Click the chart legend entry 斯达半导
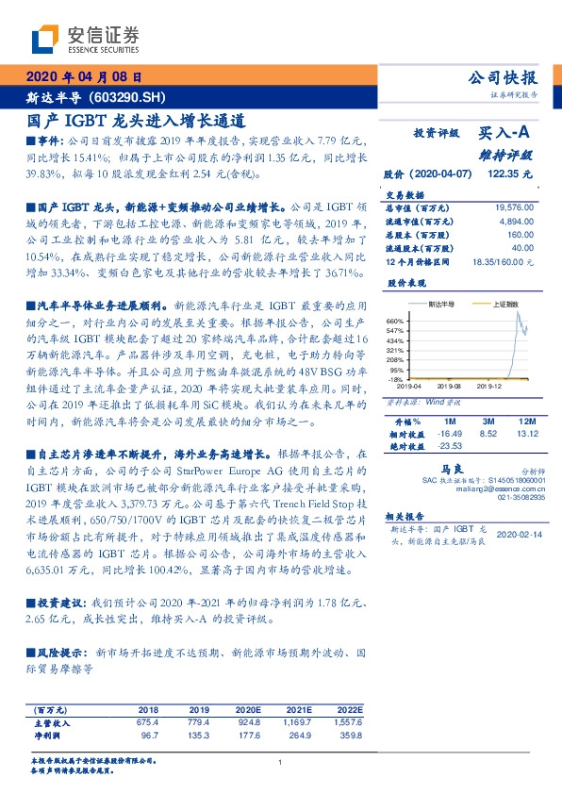[x=441, y=305]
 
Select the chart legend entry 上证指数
[x=504, y=305]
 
